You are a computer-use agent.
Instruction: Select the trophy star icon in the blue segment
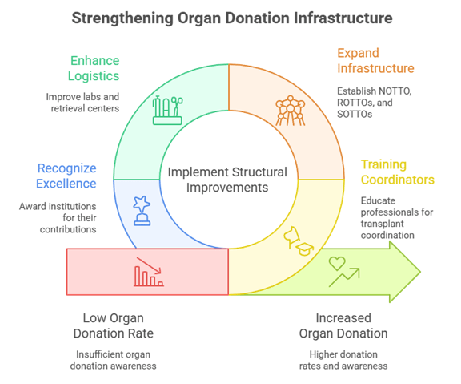coord(144,208)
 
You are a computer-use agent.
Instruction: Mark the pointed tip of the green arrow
coord(419,272)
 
